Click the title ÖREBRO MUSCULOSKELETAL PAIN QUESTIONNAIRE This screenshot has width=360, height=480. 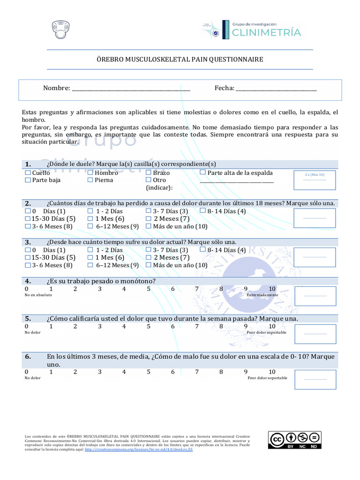(x=180, y=60)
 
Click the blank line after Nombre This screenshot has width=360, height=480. (x=131, y=88)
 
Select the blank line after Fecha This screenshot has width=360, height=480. (x=276, y=88)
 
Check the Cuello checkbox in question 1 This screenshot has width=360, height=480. (x=28, y=172)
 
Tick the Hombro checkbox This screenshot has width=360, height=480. (x=90, y=172)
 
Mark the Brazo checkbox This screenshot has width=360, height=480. (x=149, y=172)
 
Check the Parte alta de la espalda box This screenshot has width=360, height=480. (x=202, y=172)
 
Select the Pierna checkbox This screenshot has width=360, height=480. (x=90, y=180)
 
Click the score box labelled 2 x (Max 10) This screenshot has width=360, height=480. (x=314, y=180)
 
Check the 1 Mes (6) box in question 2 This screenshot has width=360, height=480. (x=90, y=218)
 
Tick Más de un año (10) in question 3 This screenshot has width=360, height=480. (x=149, y=265)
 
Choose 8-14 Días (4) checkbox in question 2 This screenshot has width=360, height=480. (x=202, y=211)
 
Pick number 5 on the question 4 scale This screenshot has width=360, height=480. (x=149, y=289)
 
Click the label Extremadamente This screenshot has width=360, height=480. (x=262, y=295)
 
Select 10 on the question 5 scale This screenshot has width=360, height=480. (x=272, y=326)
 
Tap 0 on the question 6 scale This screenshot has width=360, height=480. (x=27, y=372)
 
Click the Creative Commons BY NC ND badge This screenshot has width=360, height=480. (x=295, y=440)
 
